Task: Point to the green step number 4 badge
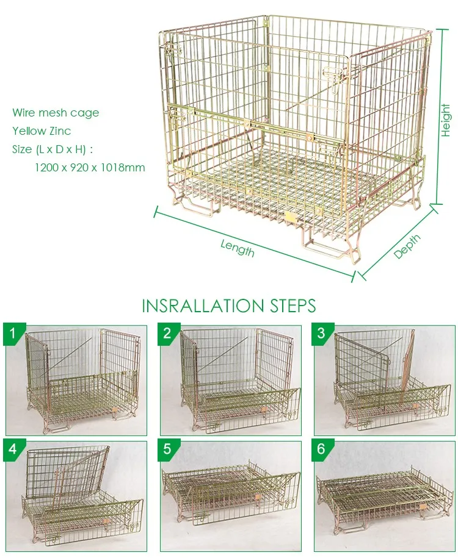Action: click(12, 450)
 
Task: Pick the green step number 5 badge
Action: click(167, 450)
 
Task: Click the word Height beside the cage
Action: click(445, 120)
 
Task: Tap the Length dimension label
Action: click(238, 248)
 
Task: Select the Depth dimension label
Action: click(407, 246)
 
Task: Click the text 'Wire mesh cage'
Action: click(56, 113)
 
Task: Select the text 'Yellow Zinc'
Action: click(42, 131)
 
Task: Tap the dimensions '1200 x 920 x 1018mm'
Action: click(90, 167)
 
